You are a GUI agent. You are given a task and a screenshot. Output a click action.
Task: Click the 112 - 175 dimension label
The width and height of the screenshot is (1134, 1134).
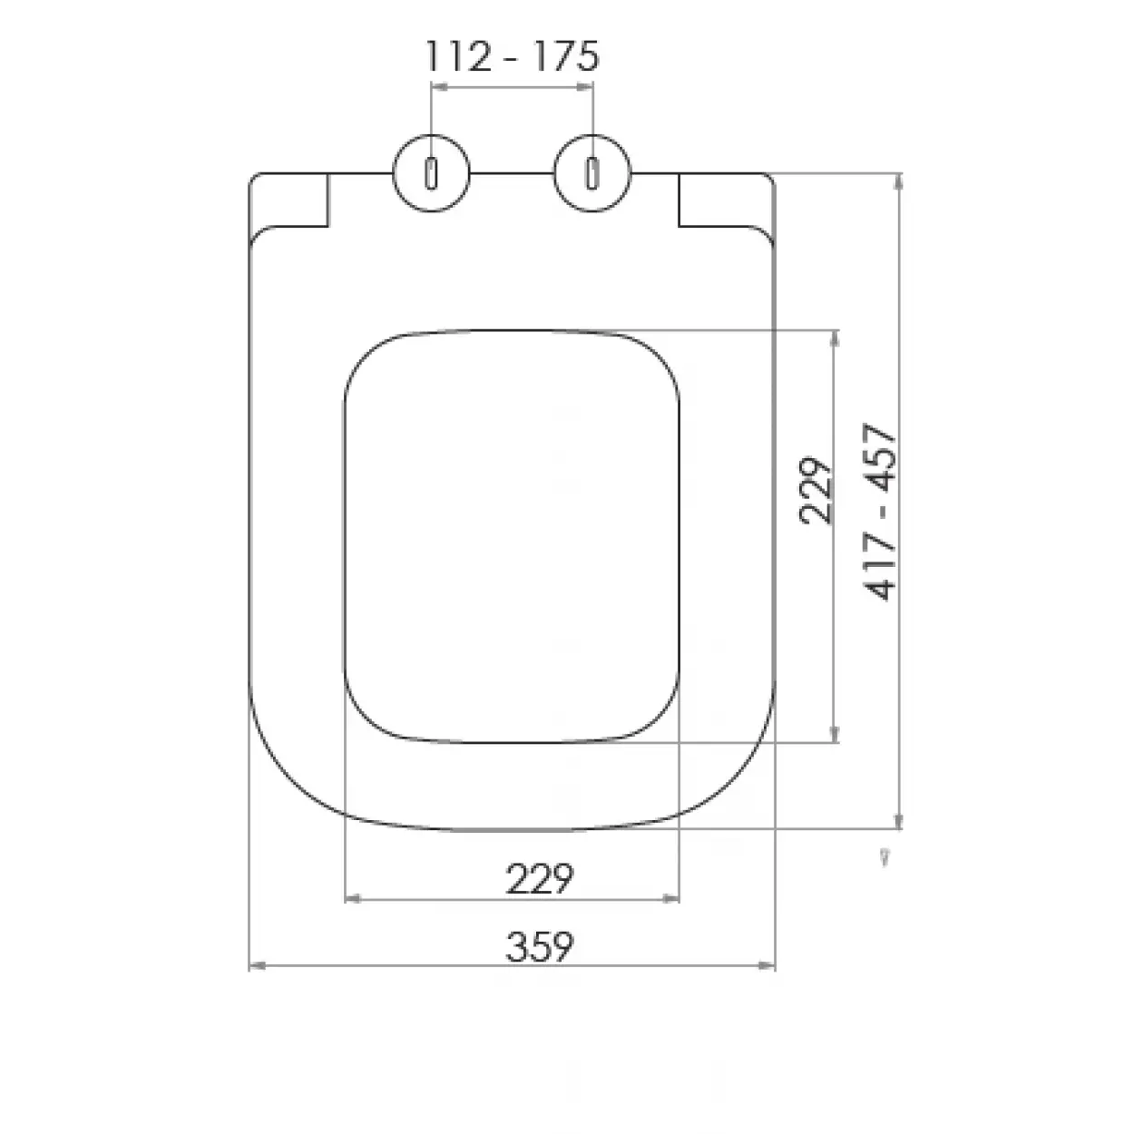pyautogui.click(x=513, y=57)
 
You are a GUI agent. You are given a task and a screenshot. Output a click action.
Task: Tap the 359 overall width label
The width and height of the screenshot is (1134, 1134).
pyautogui.click(x=540, y=947)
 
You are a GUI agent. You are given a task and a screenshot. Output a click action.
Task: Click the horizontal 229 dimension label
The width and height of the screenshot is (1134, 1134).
pyautogui.click(x=540, y=878)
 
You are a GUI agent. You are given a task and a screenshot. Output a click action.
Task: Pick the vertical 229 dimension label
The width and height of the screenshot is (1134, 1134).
pyautogui.click(x=816, y=490)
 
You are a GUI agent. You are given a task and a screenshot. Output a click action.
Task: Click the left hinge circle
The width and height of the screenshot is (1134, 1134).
pyautogui.click(x=432, y=172)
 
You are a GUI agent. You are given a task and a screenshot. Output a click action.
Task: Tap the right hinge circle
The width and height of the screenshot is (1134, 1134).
pyautogui.click(x=592, y=172)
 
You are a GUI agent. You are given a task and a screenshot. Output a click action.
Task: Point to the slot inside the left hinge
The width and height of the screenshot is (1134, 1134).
pyautogui.click(x=432, y=172)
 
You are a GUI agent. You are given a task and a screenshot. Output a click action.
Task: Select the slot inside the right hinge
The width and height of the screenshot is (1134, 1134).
pyautogui.click(x=592, y=172)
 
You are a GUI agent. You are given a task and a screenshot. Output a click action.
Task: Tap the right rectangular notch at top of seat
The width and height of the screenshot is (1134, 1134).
pyautogui.click(x=722, y=200)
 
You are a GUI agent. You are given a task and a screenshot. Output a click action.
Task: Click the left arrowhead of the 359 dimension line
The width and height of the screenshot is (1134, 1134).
pyautogui.click(x=256, y=966)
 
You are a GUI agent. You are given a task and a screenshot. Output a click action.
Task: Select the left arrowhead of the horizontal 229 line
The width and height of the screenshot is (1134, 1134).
pyautogui.click(x=354, y=898)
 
